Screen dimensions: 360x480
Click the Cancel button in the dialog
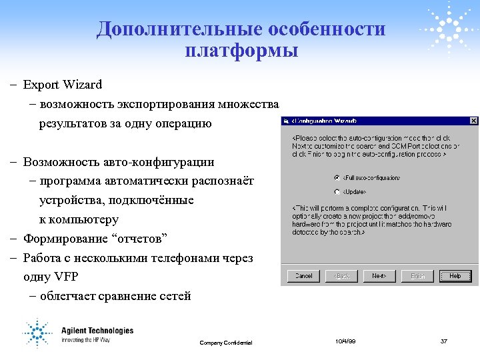tap(303, 275)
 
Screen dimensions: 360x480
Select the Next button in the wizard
tap(379, 275)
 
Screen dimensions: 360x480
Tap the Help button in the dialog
tap(455, 275)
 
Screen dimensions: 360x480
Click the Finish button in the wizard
tap(417, 275)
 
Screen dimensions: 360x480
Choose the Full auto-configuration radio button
tap(337, 178)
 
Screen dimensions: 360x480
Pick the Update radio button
tap(337, 192)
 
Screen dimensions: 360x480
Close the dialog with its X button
tap(473, 121)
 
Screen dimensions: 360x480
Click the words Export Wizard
tap(63, 85)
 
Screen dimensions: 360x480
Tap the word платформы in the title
tap(241, 50)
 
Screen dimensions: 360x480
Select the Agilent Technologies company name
tap(97, 331)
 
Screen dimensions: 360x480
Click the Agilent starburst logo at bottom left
tap(38, 332)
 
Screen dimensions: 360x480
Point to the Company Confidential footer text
tap(226, 343)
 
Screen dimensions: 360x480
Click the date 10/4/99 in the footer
tap(345, 341)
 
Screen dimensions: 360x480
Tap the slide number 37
tap(444, 341)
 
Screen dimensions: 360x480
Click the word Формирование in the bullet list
tap(73, 238)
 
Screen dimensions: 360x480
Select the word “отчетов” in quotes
tap(147, 238)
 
